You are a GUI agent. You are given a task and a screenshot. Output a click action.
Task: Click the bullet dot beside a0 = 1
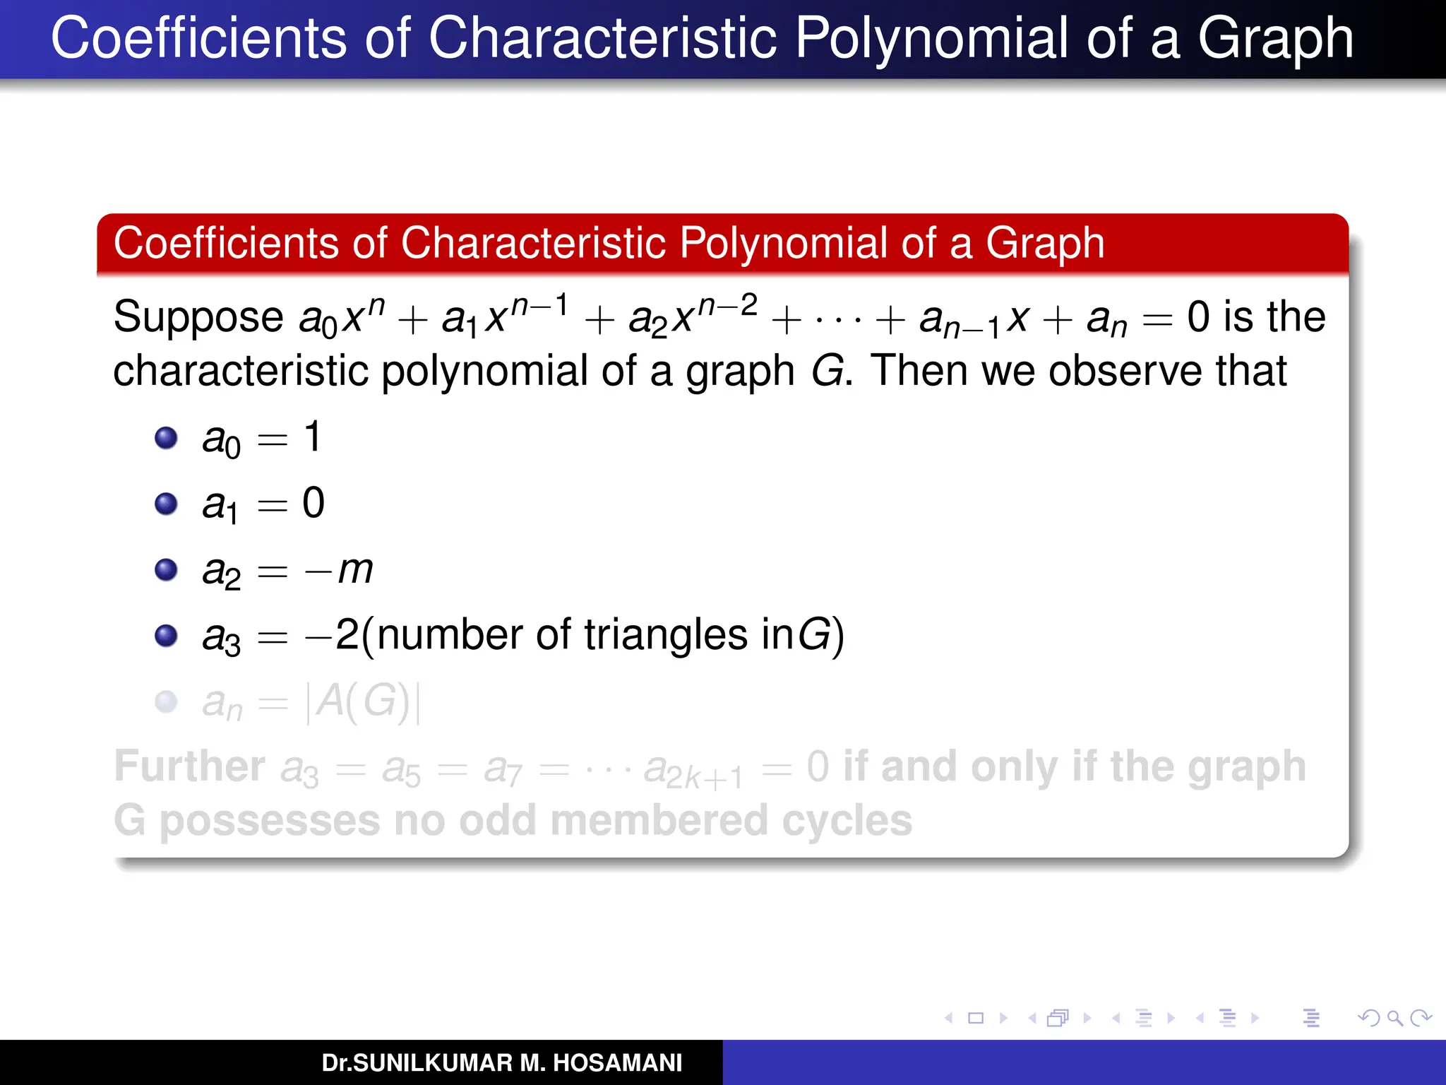coord(166,438)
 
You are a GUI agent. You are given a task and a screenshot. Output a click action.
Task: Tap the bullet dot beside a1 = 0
coord(166,504)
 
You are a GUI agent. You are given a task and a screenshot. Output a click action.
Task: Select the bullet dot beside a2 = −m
coord(166,569)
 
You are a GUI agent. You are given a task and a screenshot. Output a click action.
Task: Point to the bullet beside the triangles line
coord(166,636)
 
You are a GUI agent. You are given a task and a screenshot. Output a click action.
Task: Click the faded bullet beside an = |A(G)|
coord(166,701)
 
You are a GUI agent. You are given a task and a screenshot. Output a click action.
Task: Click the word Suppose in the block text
coord(198,317)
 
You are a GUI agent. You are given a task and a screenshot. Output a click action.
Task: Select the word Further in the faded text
coord(189,766)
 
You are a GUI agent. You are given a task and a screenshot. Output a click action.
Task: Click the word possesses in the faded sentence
coord(270,821)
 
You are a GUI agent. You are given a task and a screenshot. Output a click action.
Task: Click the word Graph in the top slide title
coord(1275,38)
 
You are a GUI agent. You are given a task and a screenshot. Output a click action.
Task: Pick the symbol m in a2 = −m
coord(355,569)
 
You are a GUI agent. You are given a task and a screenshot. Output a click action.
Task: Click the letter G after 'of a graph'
coord(827,371)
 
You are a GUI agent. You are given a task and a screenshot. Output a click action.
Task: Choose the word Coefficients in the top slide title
coord(198,38)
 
